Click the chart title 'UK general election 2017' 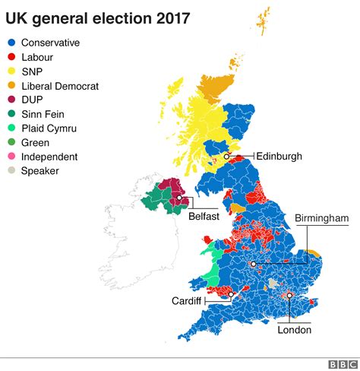pos(98,16)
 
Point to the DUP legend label pos(32,100)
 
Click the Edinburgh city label pos(279,156)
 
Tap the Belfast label pos(204,216)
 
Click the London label pos(294,330)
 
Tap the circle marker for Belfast pos(181,199)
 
